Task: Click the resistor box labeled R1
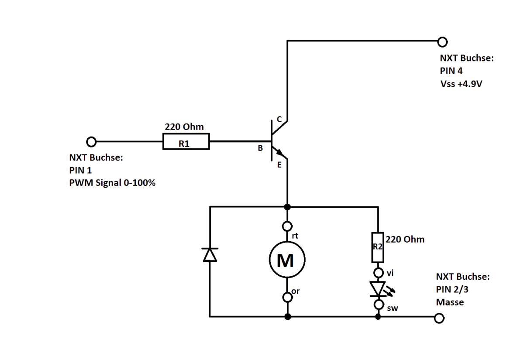[x=186, y=141]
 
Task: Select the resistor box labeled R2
[x=378, y=247]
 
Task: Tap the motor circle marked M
[x=287, y=260]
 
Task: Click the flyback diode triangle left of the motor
[x=210, y=255]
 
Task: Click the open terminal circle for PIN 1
[x=91, y=142]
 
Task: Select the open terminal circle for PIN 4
[x=442, y=42]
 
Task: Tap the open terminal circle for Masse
[x=439, y=318]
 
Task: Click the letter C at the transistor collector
[x=279, y=119]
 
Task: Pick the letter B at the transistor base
[x=260, y=148]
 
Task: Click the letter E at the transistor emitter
[x=279, y=165]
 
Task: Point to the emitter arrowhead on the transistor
[x=280, y=153]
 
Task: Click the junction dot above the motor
[x=287, y=207]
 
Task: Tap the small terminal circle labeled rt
[x=287, y=226]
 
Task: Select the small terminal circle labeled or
[x=287, y=297]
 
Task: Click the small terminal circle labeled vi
[x=379, y=272]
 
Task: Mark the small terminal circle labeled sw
[x=379, y=305]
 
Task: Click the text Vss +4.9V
[x=461, y=84]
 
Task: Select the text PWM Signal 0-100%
[x=112, y=182]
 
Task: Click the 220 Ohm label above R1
[x=184, y=127]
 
